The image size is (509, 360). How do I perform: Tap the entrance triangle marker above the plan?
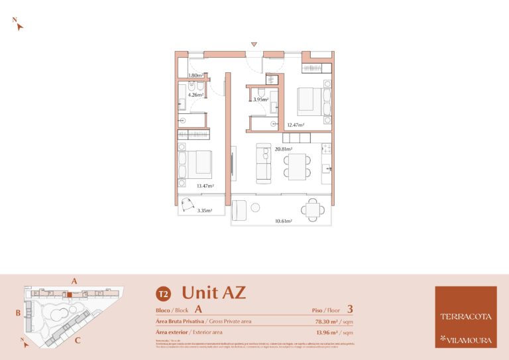[253, 44]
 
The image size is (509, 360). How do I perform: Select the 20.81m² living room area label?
[283, 149]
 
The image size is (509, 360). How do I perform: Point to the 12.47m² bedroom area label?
[295, 125]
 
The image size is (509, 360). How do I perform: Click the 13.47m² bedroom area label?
[205, 186]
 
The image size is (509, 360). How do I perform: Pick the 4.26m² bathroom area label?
[195, 95]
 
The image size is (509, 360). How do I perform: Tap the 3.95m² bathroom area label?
[260, 99]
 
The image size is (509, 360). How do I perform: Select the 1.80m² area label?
[195, 76]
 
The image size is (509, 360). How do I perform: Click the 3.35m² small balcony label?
[205, 211]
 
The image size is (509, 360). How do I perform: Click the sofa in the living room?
[264, 163]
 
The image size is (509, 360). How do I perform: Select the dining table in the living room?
[297, 166]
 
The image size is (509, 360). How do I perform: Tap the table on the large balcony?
[313, 210]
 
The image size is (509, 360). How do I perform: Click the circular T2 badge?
[162, 293]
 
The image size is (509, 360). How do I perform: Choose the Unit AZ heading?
[213, 292]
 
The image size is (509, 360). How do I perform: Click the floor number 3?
[349, 309]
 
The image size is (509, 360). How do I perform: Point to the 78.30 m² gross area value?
[330, 321]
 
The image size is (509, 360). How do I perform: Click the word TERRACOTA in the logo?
[465, 316]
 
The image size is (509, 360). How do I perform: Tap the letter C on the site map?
[78, 341]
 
